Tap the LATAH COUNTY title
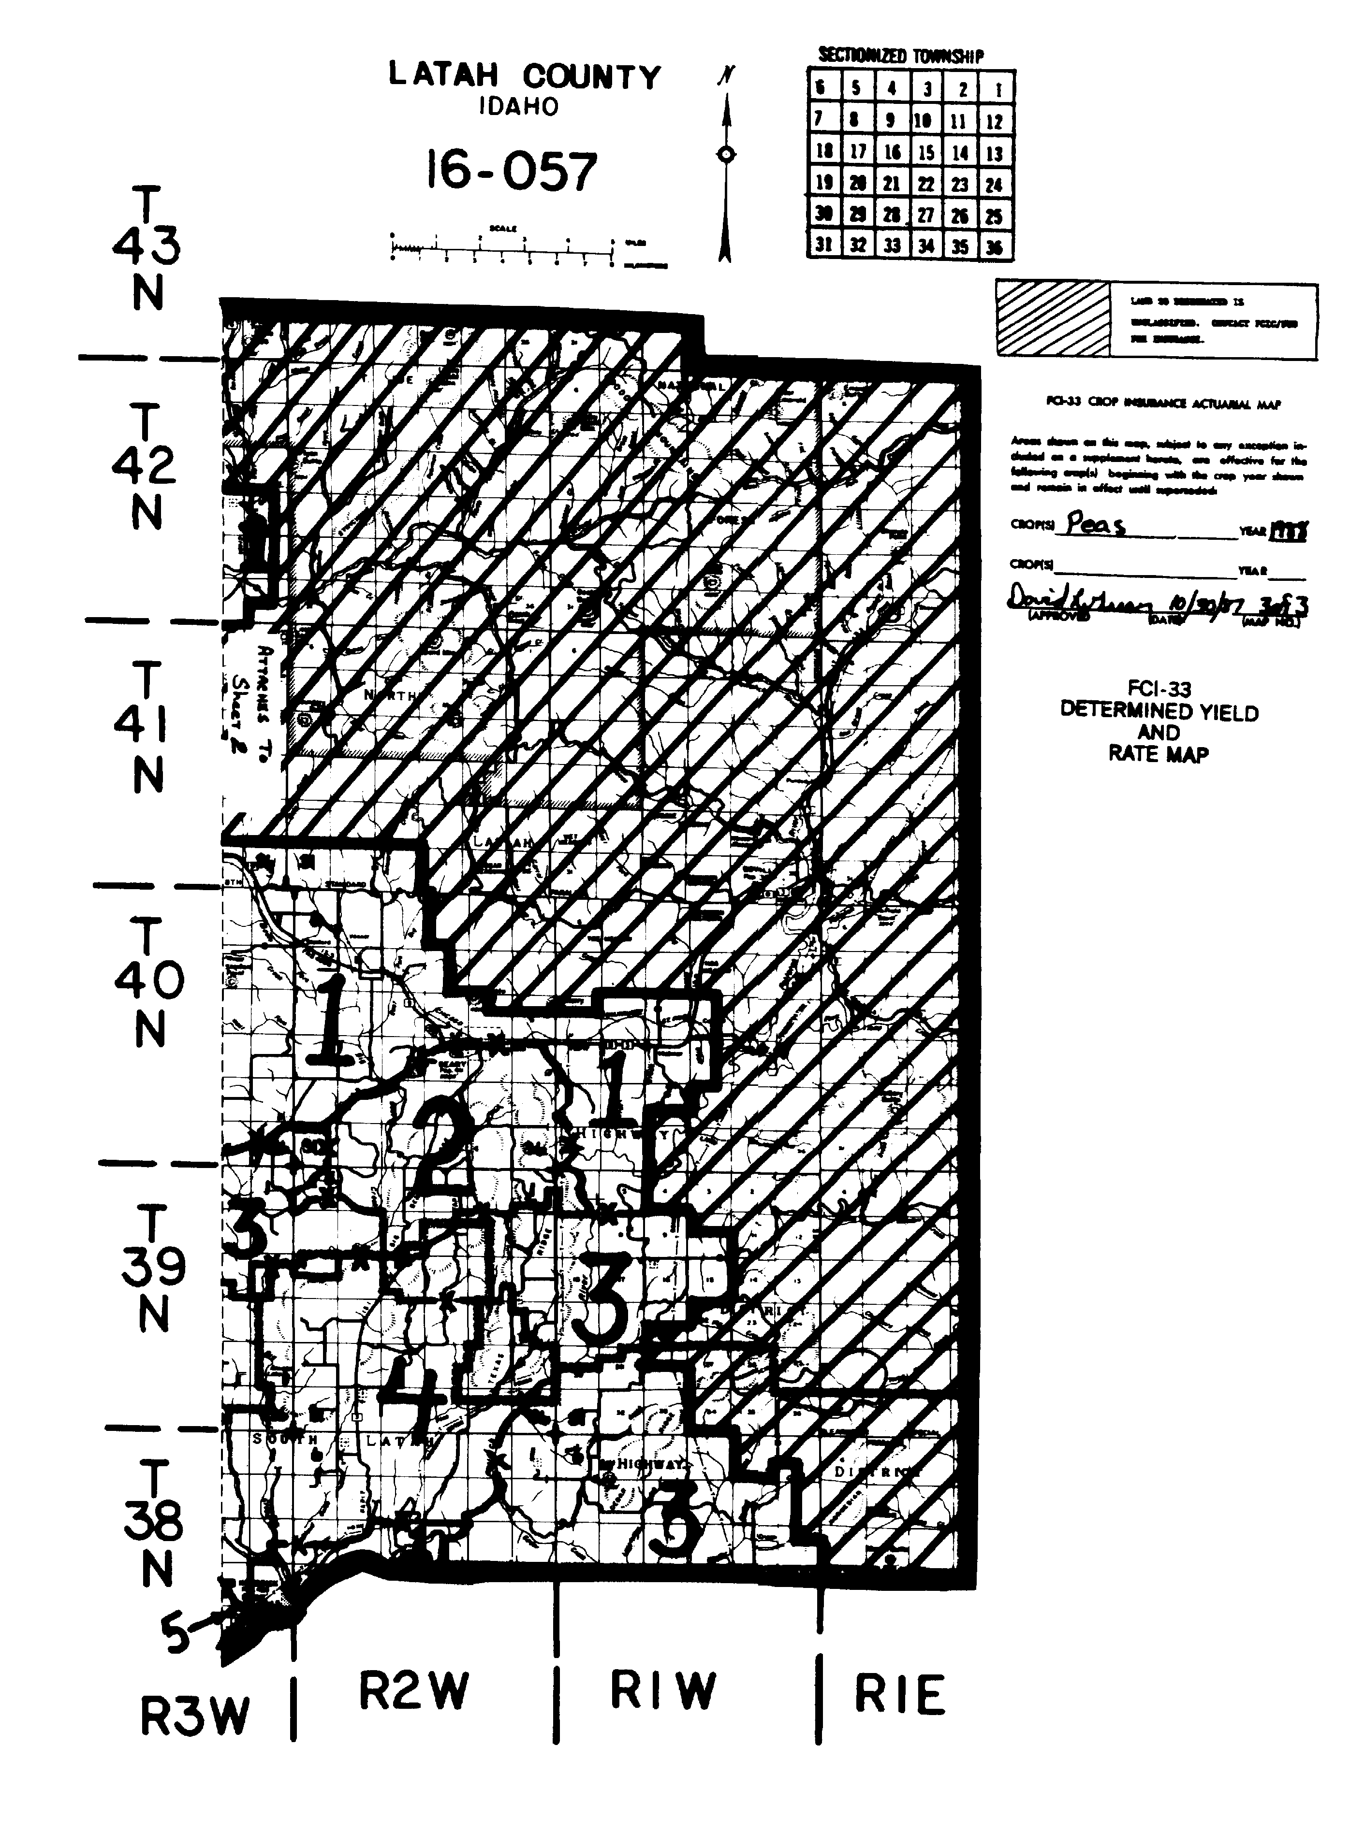point(524,77)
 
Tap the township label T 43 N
point(147,248)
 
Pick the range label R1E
point(899,1695)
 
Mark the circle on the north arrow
point(726,154)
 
